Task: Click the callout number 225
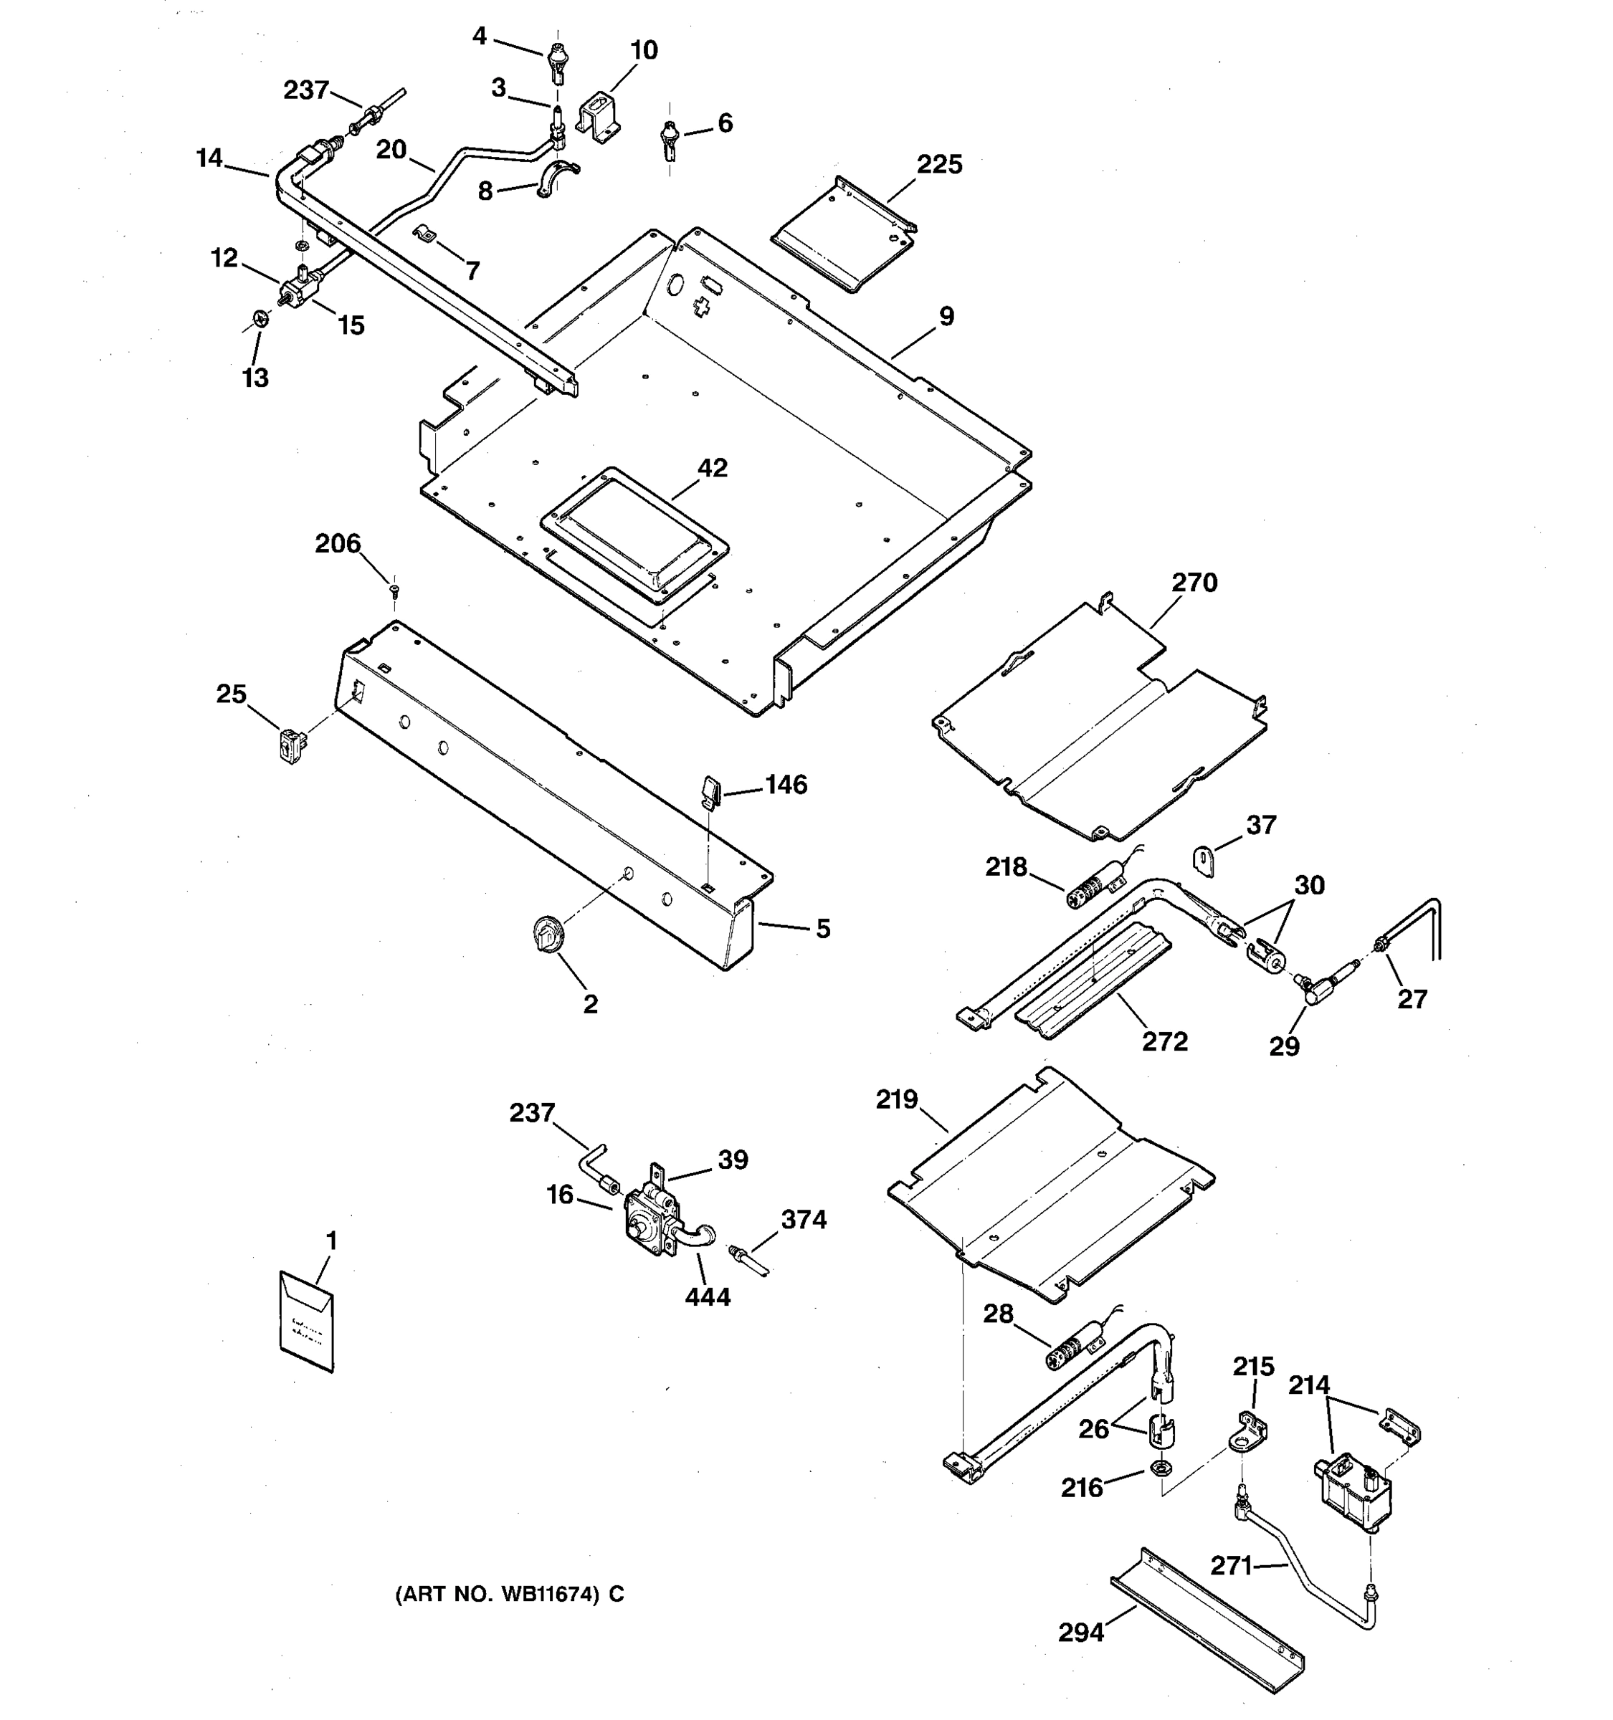pyautogui.click(x=939, y=164)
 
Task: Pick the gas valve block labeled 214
pyautogui.click(x=1353, y=1492)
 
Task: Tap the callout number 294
pyautogui.click(x=1081, y=1633)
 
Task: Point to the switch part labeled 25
pyautogui.click(x=292, y=747)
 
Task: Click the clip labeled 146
pyautogui.click(x=710, y=790)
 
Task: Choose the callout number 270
pyautogui.click(x=1194, y=583)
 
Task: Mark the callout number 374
pyautogui.click(x=803, y=1220)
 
